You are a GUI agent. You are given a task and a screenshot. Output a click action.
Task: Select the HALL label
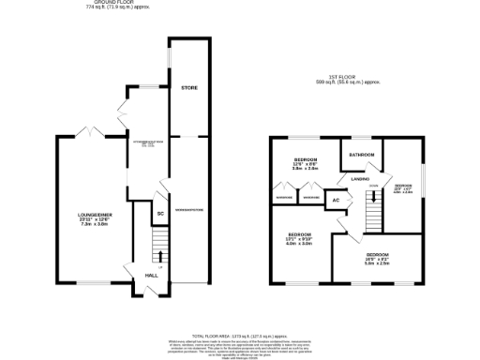[150, 276]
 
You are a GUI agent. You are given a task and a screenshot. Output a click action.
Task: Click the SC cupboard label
[160, 214]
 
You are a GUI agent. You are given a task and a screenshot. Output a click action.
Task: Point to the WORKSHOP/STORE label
[189, 195]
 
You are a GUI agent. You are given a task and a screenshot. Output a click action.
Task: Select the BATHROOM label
[362, 154]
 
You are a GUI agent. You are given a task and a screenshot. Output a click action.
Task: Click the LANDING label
[360, 176]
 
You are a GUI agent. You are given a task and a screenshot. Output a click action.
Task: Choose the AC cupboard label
[336, 199]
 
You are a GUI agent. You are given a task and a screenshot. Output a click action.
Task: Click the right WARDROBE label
[310, 197]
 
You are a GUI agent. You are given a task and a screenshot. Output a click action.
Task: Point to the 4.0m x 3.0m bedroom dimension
[299, 244]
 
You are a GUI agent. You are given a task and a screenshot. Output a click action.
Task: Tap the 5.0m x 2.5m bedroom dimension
[378, 264]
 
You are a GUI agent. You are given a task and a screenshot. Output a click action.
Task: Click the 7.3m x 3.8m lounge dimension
[96, 226]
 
